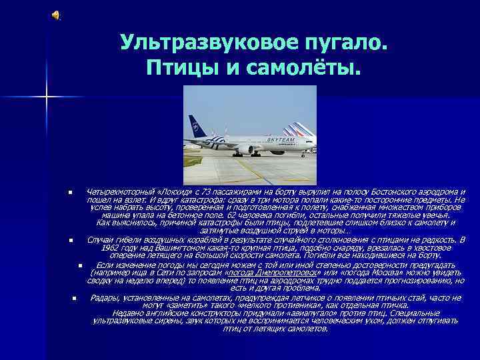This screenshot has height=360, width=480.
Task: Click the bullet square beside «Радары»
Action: (75, 298)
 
